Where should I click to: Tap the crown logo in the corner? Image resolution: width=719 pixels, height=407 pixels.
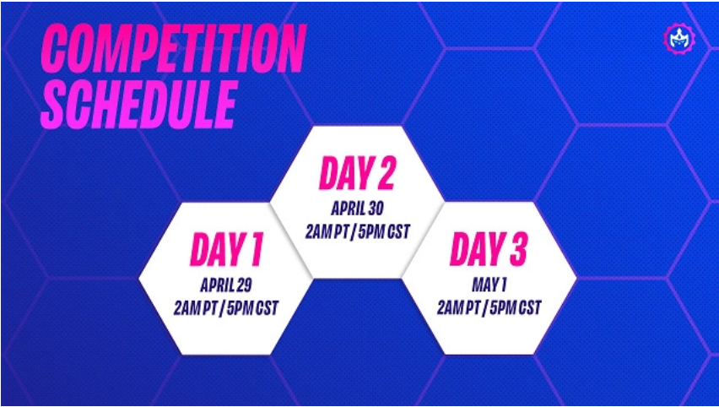pos(679,39)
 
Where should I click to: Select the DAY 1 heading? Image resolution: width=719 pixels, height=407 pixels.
pos(226,250)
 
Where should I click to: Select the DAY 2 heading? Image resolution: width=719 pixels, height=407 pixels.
pos(356,173)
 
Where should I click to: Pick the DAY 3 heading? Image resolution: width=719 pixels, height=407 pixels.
pos(489,250)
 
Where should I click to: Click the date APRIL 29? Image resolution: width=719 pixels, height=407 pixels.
pos(225,286)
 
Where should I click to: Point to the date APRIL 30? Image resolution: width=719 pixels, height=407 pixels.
pos(357,209)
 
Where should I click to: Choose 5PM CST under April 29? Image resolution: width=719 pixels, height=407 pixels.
pos(252,308)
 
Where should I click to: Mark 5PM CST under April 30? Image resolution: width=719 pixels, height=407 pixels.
pos(384,231)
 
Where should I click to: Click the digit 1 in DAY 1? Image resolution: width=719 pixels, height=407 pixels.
pos(255,250)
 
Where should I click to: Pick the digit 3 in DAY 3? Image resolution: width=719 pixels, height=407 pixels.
pos(516,250)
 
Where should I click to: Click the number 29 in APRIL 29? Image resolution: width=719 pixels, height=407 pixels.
pos(244,286)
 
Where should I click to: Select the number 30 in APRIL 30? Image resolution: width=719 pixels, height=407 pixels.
pos(376,209)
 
